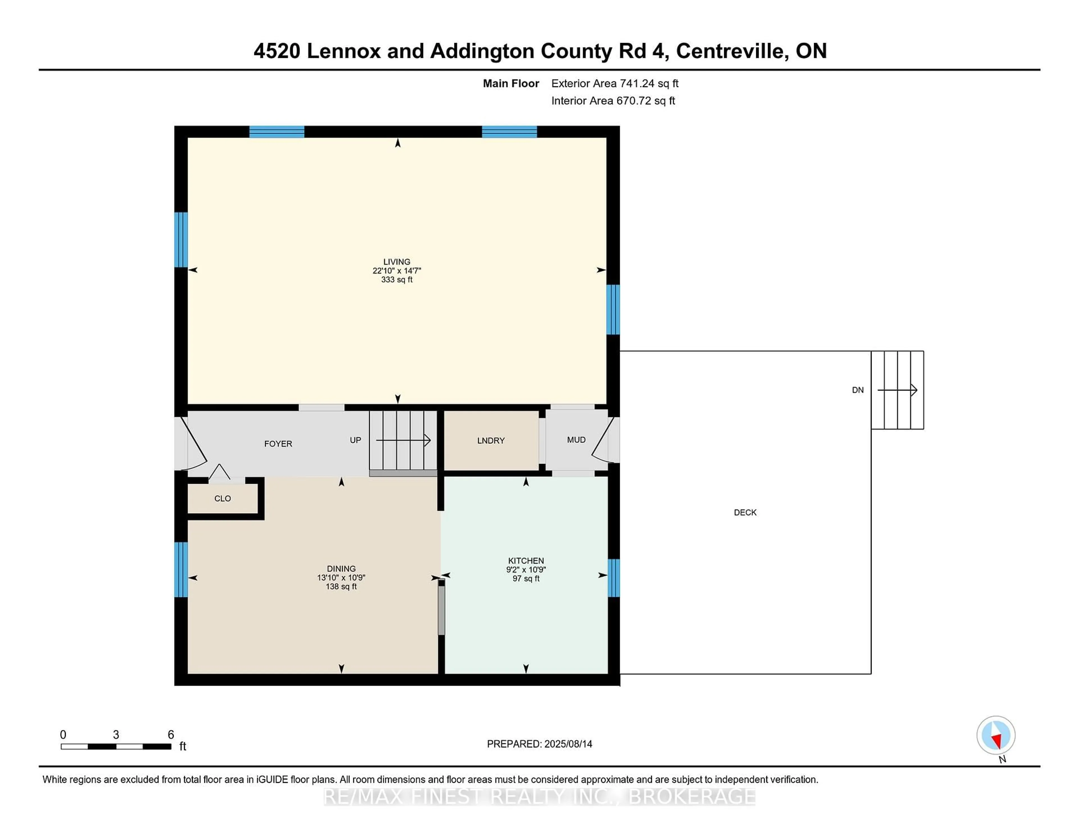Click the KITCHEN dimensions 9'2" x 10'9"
click(x=526, y=570)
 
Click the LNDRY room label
click(x=491, y=441)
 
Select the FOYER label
click(x=278, y=444)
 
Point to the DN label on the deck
click(x=858, y=390)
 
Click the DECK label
click(x=745, y=512)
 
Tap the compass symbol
click(x=996, y=735)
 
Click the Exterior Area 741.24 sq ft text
click(x=615, y=83)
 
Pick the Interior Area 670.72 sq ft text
click(x=613, y=101)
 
